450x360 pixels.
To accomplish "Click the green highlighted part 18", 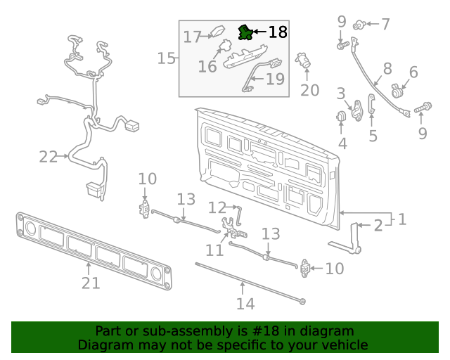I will (245, 32).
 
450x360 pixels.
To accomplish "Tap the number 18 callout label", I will (278, 32).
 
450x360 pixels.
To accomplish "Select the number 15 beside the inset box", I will (166, 58).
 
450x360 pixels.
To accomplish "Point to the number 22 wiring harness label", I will (48, 157).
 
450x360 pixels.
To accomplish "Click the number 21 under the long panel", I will (91, 283).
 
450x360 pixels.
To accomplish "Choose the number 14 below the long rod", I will (245, 304).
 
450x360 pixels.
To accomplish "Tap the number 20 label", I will (309, 90).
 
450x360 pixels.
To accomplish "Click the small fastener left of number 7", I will (359, 25).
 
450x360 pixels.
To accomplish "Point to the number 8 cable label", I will (387, 69).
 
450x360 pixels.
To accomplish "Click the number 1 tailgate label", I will (401, 219).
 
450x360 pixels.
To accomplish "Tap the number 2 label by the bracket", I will (378, 225).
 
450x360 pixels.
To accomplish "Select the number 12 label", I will (217, 207).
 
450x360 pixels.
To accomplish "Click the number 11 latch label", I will (214, 250).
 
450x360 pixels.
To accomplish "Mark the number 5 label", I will (373, 136).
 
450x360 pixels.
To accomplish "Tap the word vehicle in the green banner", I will (342, 345).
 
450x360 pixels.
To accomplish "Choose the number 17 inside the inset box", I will (192, 36).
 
